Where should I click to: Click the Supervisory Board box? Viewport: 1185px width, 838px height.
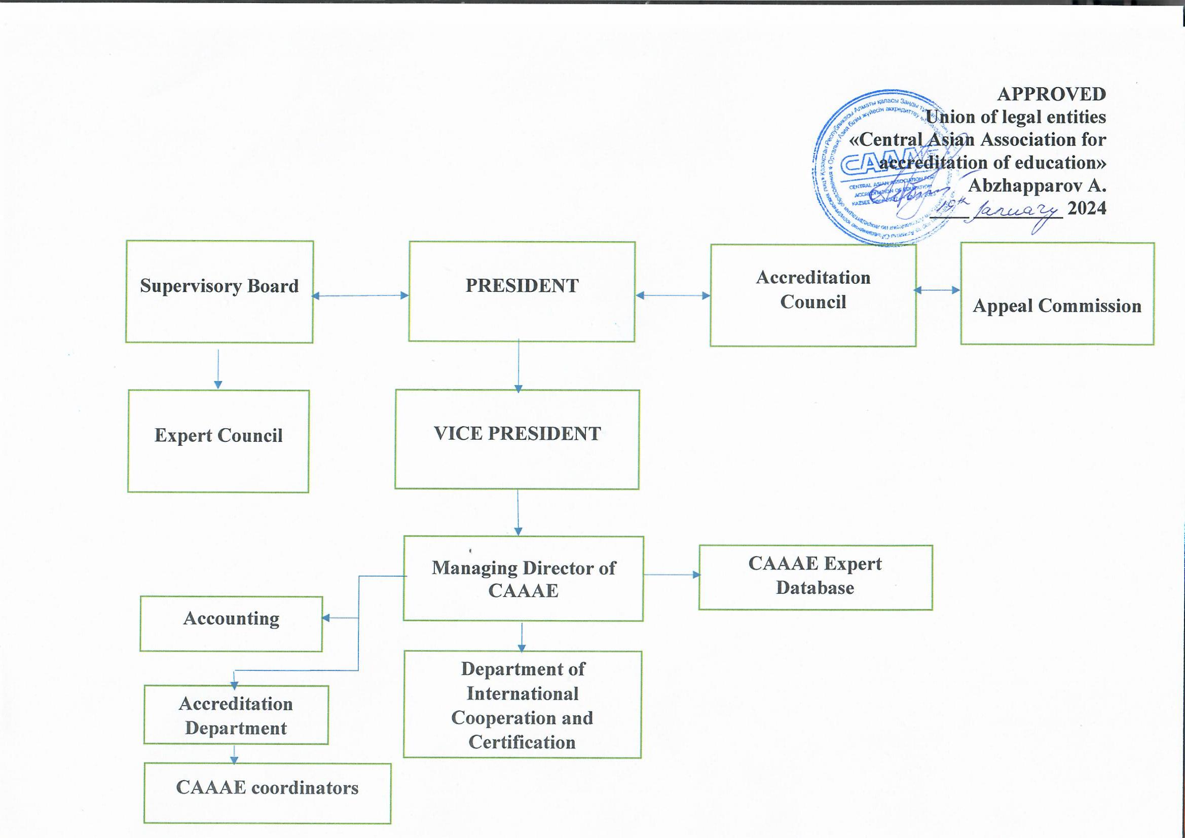pos(219,291)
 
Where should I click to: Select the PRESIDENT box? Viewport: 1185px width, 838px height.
pos(522,291)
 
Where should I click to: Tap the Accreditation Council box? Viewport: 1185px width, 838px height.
pos(813,295)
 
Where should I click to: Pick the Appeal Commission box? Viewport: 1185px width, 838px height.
pos(1057,294)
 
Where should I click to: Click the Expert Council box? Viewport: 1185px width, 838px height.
pos(218,441)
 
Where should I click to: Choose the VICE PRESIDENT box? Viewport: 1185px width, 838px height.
pos(517,439)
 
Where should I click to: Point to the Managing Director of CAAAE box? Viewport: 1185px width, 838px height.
pos(524,579)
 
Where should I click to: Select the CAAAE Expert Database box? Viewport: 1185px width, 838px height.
pos(816,578)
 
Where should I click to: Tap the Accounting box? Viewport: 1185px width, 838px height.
pos(231,623)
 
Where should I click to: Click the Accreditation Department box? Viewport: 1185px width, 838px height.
pos(236,715)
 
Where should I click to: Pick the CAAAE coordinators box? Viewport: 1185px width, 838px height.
pos(267,793)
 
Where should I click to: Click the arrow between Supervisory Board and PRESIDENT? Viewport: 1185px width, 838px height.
pos(360,296)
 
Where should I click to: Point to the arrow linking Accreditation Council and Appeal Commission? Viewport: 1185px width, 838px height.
pos(937,290)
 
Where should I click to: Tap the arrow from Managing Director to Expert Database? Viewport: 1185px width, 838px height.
pos(671,575)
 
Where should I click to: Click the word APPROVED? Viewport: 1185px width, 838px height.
pos(1051,94)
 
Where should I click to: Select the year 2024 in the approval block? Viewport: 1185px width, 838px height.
pos(1087,208)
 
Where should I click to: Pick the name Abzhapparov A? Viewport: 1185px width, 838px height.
pos(1036,185)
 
